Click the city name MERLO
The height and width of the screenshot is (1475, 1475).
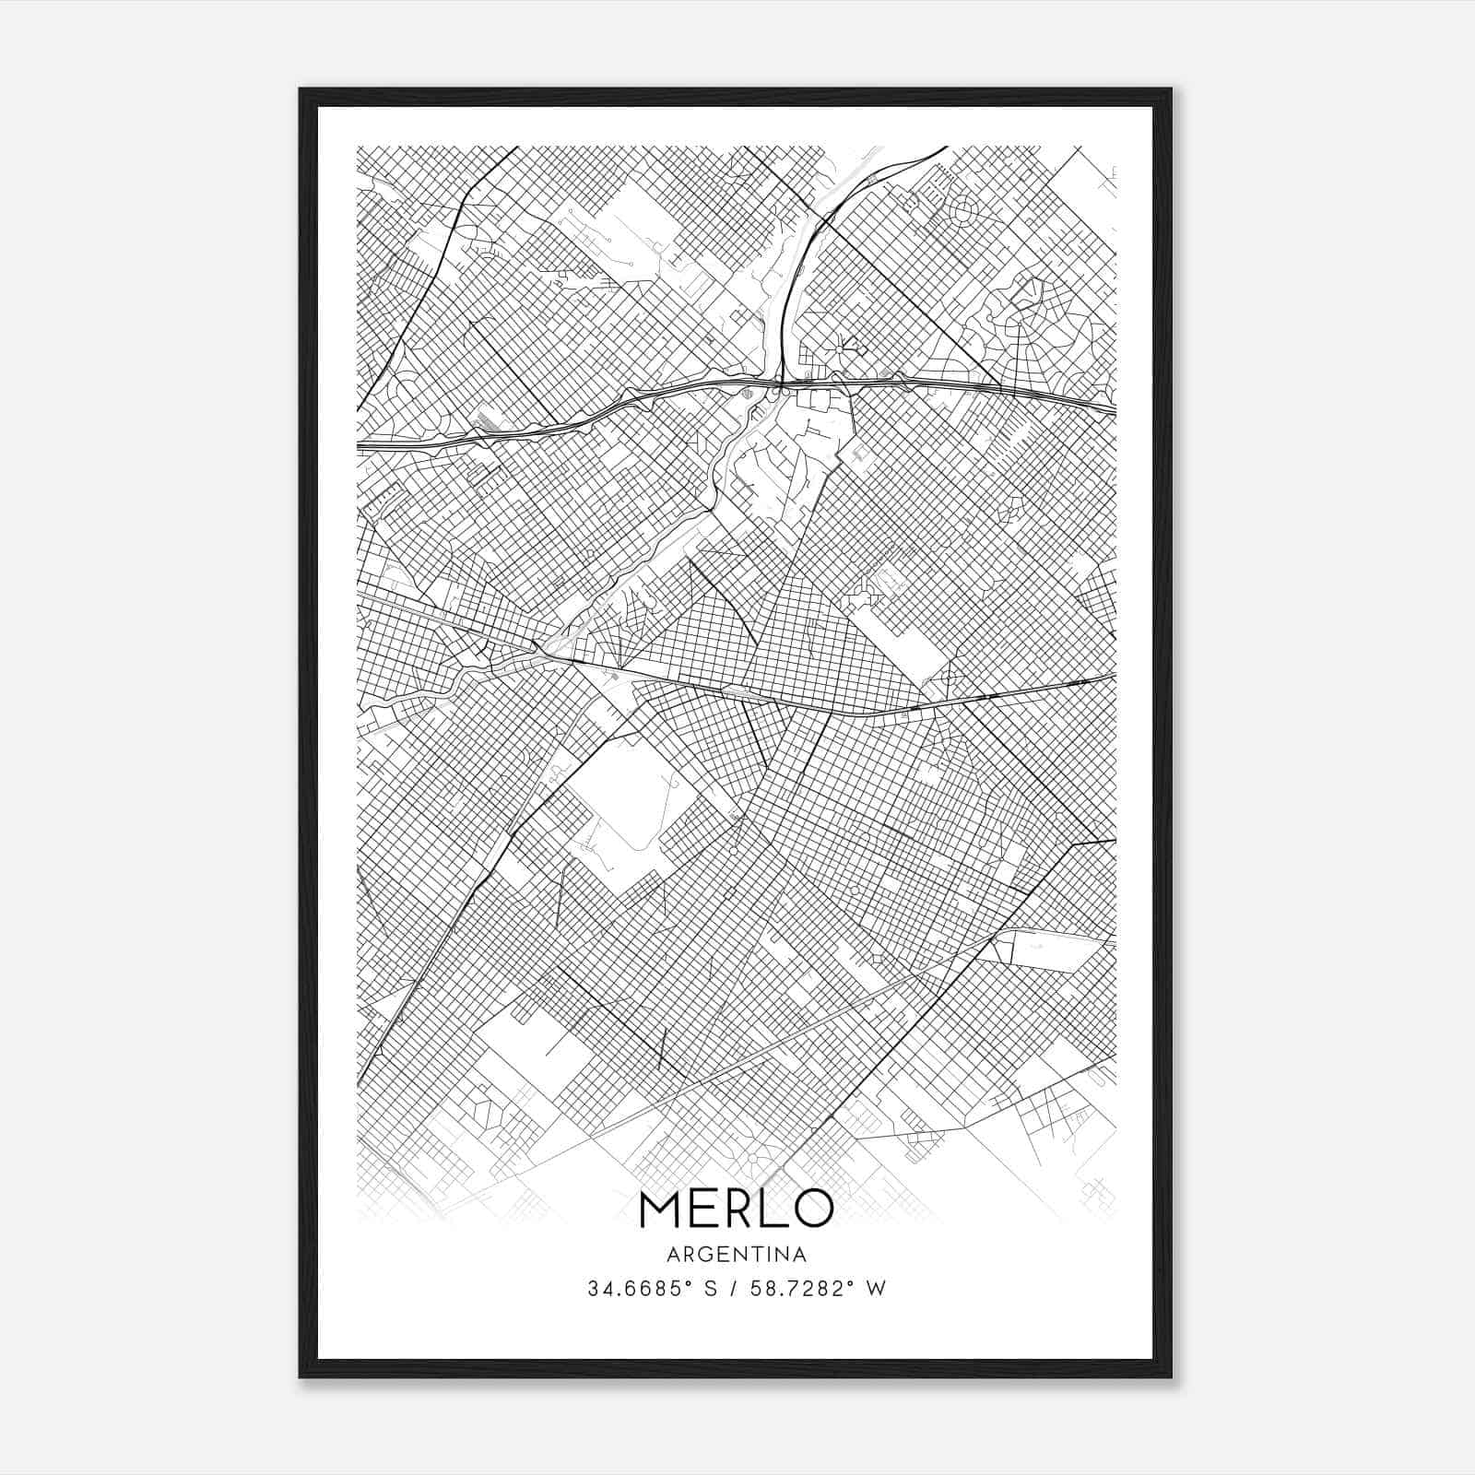[x=736, y=1209]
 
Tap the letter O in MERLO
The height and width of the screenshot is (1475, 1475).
[x=812, y=1209]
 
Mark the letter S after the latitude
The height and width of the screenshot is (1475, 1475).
[x=710, y=1289]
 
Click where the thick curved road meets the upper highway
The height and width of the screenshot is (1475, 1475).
[x=781, y=380]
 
